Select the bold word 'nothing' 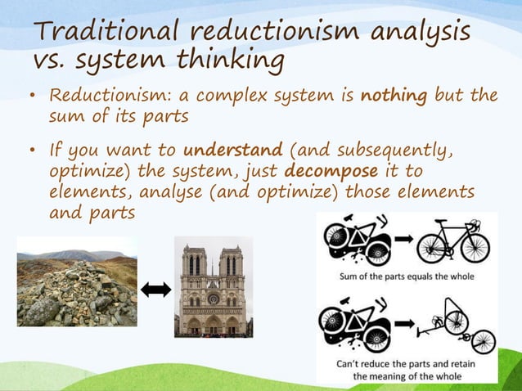pos(399,96)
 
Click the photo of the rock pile pos(77,281)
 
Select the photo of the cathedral pos(213,286)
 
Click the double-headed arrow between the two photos pos(155,289)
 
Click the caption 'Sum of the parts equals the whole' pos(407,276)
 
